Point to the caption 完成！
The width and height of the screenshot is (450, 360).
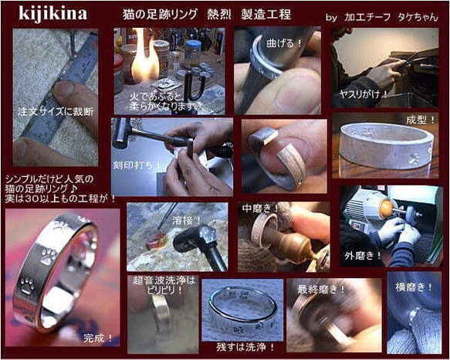(x=99, y=338)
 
